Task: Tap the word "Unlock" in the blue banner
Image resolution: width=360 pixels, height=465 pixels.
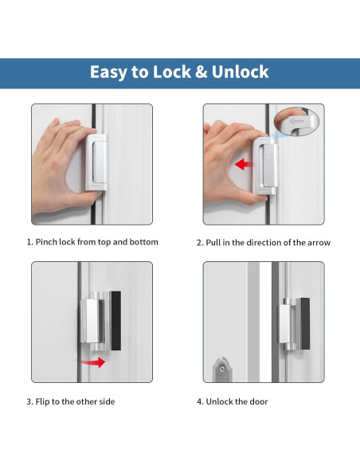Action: point(237,72)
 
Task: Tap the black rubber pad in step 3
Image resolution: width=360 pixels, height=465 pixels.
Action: point(116,320)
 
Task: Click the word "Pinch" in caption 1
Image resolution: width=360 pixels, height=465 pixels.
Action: point(47,242)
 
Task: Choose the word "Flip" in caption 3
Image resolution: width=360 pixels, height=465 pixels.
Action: point(44,402)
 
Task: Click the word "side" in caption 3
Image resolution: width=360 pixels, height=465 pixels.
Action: point(104,402)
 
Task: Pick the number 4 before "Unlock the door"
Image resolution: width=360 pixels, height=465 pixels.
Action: point(199,402)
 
